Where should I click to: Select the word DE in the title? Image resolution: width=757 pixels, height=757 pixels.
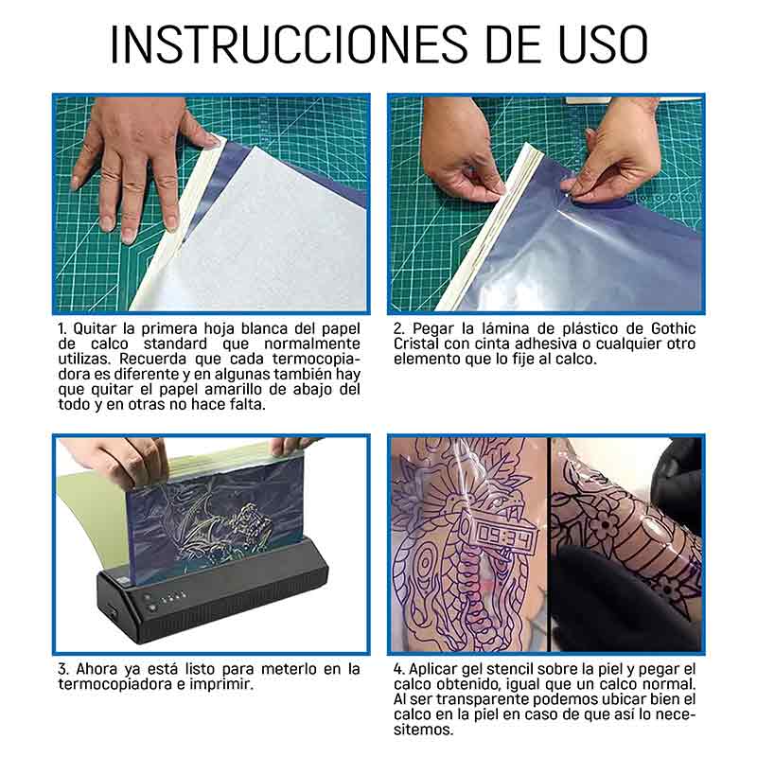pos(498,44)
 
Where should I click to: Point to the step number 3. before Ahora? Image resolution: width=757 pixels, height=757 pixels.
pos(62,669)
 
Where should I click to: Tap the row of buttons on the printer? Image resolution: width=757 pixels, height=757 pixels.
pos(166,599)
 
